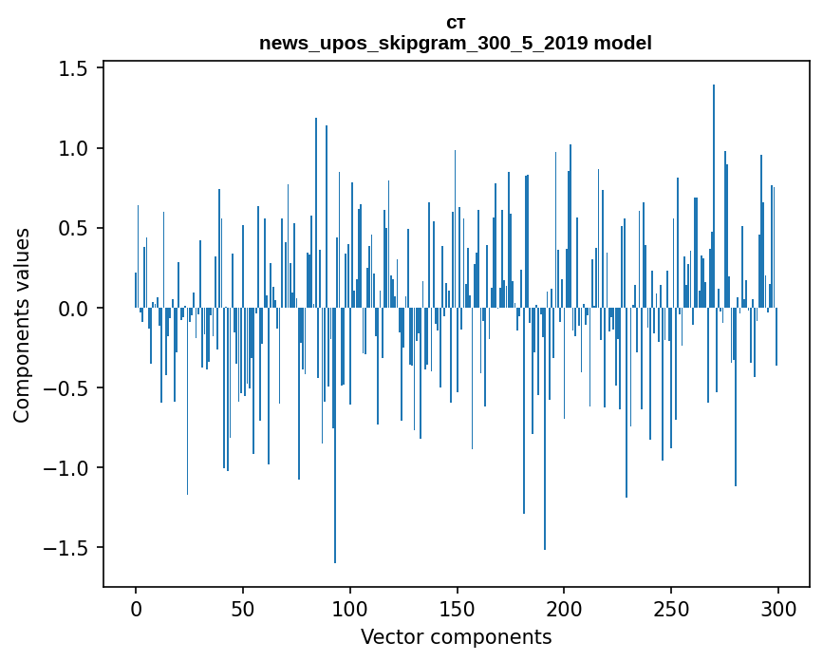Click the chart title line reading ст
point(456,22)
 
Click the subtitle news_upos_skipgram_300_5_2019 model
point(456,43)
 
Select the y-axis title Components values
point(21,325)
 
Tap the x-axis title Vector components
point(456,636)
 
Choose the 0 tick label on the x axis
point(136,607)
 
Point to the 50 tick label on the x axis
point(243,607)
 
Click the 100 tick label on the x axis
point(350,607)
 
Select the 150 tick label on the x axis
point(457,607)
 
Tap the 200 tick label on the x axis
point(564,607)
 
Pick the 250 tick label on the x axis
point(671,607)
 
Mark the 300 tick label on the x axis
point(778,607)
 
